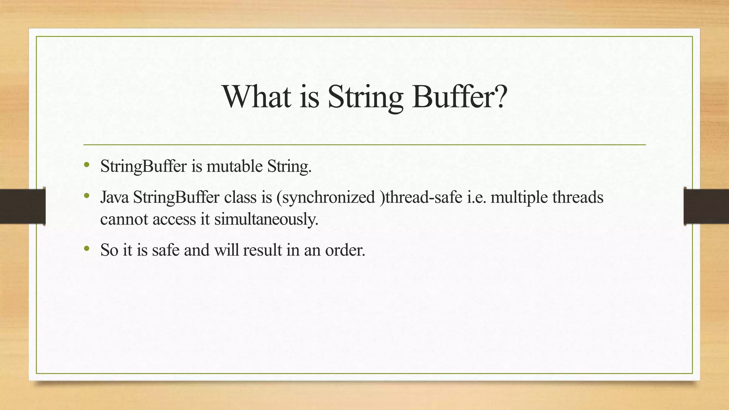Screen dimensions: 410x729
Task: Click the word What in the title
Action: pyautogui.click(x=257, y=96)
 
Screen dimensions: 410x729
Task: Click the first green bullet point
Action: pyautogui.click(x=86, y=165)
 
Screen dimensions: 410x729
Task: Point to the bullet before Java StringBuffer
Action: pyautogui.click(x=86, y=196)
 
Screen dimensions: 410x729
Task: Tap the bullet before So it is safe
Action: pyautogui.click(x=86, y=249)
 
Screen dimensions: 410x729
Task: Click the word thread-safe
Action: pyautogui.click(x=424, y=197)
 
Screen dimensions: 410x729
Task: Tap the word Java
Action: pyautogui.click(x=114, y=197)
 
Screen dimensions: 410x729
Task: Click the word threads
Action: pyautogui.click(x=578, y=197)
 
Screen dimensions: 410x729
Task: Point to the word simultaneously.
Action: pyautogui.click(x=266, y=219)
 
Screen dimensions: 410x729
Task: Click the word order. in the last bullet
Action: pyautogui.click(x=345, y=250)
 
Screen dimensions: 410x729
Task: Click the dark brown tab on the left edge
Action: pyautogui.click(x=22, y=206)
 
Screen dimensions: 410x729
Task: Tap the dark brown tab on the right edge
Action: pyautogui.click(x=706, y=206)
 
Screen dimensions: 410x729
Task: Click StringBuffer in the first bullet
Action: pyautogui.click(x=143, y=166)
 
